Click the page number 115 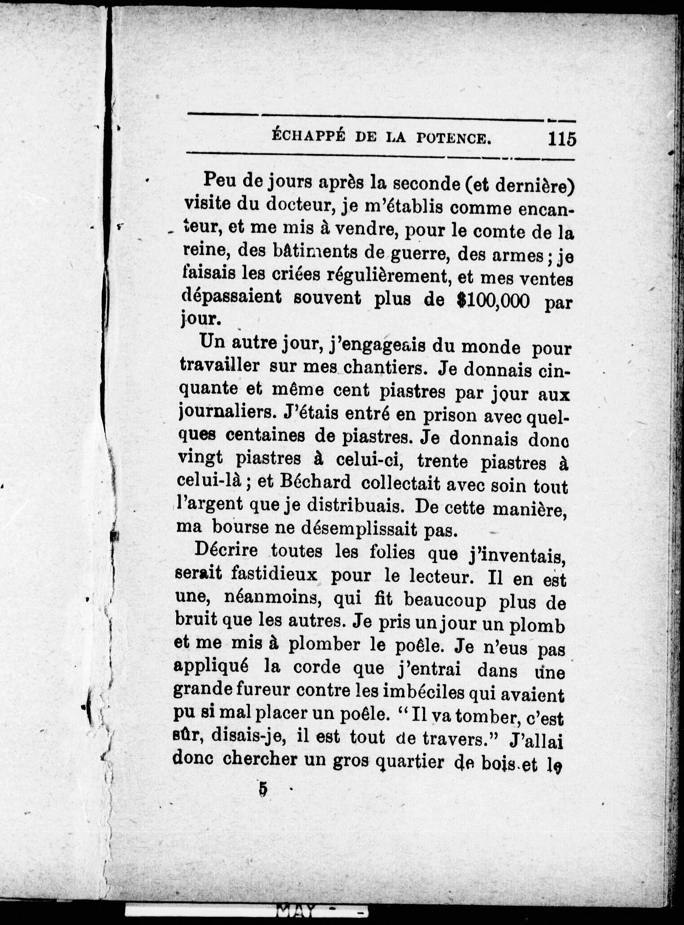coord(562,139)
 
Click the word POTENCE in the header coord(453,138)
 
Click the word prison coord(450,415)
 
